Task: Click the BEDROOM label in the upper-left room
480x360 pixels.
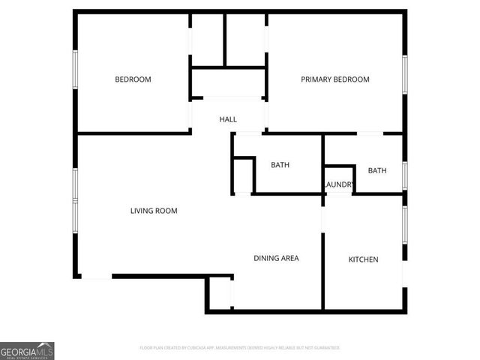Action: pos(133,79)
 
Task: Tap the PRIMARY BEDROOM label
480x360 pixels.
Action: pos(335,79)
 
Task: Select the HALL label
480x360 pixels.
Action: pos(228,120)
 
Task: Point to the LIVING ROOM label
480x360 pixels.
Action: pos(154,211)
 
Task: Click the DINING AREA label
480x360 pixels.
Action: pos(276,258)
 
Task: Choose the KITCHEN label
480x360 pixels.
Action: pos(363,259)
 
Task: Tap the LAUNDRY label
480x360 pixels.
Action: pos(338,185)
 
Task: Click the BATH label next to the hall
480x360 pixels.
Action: pos(280,165)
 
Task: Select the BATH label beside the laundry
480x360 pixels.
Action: pos(377,170)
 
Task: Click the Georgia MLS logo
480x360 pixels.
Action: pos(27,350)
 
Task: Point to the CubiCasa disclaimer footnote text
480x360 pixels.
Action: pos(240,348)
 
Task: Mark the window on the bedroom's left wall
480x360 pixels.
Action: pos(75,73)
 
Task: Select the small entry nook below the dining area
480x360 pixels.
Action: pos(220,292)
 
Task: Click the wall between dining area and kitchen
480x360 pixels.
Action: pos(323,270)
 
